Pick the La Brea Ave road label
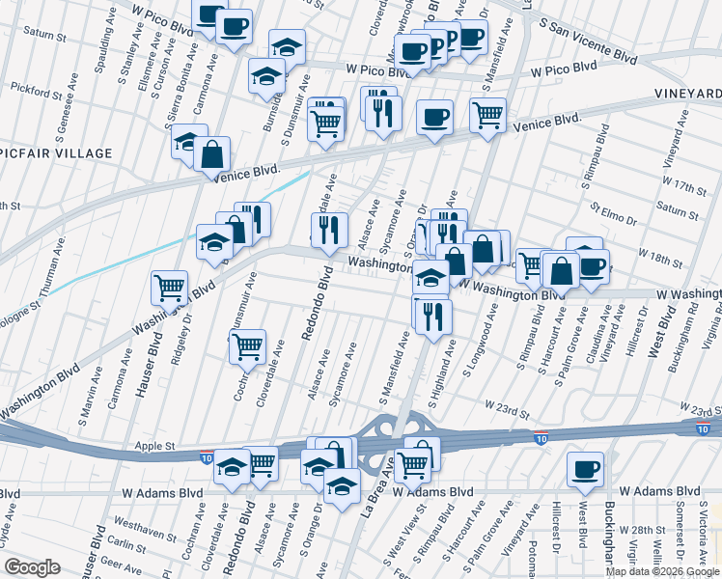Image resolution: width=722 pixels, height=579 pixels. (378, 490)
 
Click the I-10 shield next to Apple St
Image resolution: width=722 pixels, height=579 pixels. (207, 455)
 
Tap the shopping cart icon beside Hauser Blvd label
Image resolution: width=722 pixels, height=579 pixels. (169, 287)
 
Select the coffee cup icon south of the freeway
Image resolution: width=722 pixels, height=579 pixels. (584, 469)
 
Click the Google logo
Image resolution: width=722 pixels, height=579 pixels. (31, 567)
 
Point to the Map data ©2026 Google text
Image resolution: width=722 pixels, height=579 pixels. (661, 571)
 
